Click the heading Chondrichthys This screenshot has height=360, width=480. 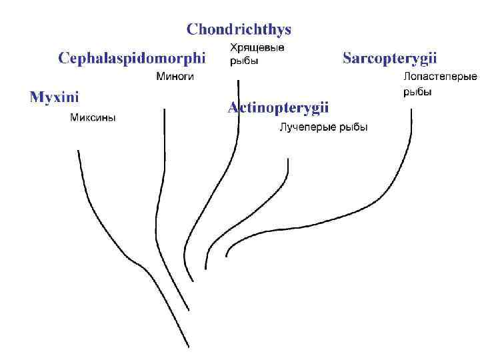click(x=239, y=29)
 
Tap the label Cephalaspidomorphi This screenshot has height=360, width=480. click(x=132, y=58)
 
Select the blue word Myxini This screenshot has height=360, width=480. click(x=54, y=97)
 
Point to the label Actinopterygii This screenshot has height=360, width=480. click(x=279, y=107)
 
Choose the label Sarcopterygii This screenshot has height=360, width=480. click(x=390, y=58)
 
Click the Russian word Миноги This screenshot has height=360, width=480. click(x=175, y=77)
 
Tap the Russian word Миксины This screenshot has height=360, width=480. click(x=93, y=118)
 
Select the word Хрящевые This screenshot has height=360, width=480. click(x=257, y=48)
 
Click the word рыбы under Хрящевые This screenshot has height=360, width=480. click(x=244, y=61)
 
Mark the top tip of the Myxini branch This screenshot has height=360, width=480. click(x=78, y=151)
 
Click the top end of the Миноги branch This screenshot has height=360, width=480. click(x=164, y=108)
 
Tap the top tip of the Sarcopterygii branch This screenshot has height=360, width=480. click(x=411, y=110)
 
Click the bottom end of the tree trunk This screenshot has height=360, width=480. click(x=189, y=347)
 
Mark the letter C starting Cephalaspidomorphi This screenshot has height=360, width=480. click(x=63, y=58)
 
